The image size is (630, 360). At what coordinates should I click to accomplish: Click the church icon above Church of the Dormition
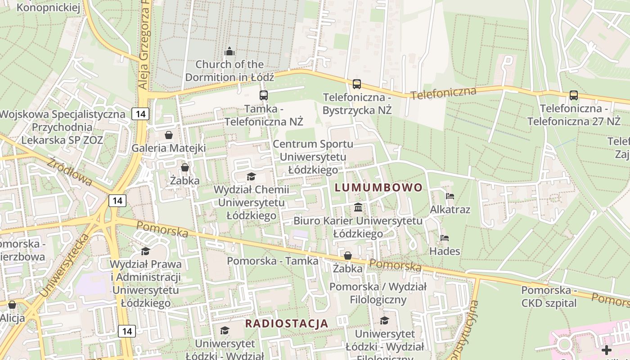(229, 51)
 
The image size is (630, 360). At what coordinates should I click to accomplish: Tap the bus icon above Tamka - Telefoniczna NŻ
(264, 95)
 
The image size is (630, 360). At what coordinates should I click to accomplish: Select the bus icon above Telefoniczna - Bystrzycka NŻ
(357, 84)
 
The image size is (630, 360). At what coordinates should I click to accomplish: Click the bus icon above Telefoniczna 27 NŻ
(574, 95)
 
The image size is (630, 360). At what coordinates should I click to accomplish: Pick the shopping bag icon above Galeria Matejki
(169, 135)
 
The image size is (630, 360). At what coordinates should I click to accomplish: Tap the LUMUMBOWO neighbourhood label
(378, 188)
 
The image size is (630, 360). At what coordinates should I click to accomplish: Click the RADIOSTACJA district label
(286, 323)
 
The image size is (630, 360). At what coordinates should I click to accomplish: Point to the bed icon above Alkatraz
(450, 196)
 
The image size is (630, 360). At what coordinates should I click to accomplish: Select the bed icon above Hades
(445, 238)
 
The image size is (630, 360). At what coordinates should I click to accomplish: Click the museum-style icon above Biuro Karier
(358, 207)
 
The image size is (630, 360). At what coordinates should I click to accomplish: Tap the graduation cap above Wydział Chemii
(251, 176)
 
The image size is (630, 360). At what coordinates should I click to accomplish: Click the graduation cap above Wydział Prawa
(145, 251)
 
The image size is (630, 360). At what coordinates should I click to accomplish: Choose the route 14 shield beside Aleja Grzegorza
(140, 114)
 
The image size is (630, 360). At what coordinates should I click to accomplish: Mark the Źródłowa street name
(70, 171)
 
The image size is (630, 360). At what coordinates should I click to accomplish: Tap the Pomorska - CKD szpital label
(549, 297)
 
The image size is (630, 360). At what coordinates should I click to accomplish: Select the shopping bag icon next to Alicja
(12, 305)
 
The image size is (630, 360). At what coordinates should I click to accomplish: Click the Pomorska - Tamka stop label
(273, 261)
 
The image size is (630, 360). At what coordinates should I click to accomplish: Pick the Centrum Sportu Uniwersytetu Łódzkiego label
(313, 157)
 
